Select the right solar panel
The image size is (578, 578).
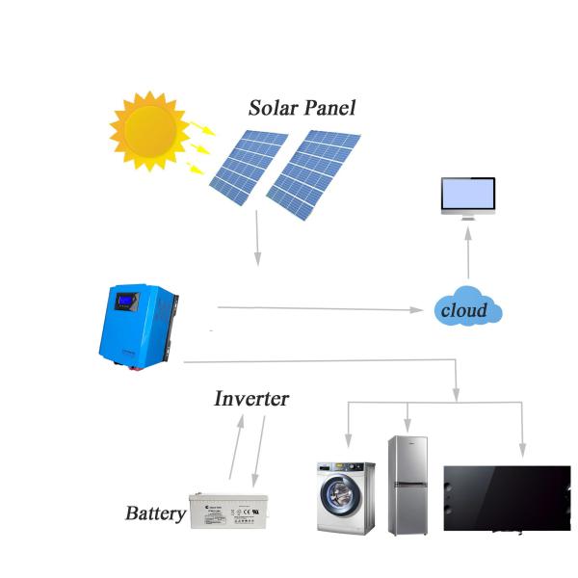314,173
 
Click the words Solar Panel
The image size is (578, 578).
302,107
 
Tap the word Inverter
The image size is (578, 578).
250,398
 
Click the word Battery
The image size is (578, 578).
154,512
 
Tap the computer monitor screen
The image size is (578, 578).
467,196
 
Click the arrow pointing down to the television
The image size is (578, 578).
522,429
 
